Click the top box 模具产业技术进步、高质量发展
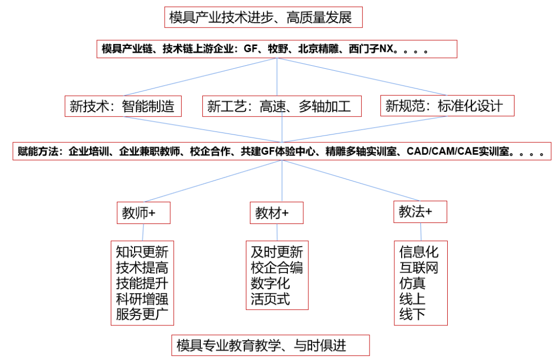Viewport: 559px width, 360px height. [x=263, y=17]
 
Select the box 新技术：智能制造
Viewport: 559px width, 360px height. [x=123, y=106]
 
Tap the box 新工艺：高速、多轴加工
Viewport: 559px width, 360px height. [x=282, y=106]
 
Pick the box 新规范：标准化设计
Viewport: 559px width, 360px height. [x=447, y=106]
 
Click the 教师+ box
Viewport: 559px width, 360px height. [x=144, y=213]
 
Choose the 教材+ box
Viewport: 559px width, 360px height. [x=276, y=213]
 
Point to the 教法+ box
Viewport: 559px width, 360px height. [x=420, y=212]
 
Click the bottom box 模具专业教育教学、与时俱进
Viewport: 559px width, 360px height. [x=271, y=345]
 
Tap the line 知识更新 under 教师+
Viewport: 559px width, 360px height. [x=142, y=252]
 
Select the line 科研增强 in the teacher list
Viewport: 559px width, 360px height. [x=142, y=298]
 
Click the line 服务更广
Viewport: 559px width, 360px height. [x=142, y=314]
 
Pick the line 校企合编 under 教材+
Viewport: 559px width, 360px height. [x=276, y=268]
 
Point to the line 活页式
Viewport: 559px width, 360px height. [x=270, y=298]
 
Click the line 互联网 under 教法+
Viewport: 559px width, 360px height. [x=419, y=268]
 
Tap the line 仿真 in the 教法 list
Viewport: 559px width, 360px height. [x=413, y=283]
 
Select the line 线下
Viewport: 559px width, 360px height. [x=413, y=314]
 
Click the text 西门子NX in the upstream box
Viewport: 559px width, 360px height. [x=371, y=49]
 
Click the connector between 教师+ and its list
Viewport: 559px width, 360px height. [x=143, y=232]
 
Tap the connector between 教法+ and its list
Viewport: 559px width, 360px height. [x=421, y=232]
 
